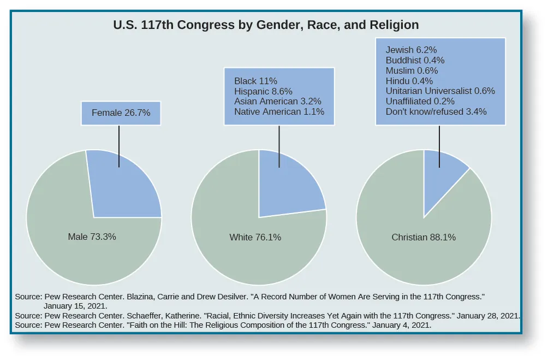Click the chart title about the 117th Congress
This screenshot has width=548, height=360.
pyautogui.click(x=266, y=25)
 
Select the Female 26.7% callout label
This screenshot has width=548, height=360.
pyautogui.click(x=121, y=113)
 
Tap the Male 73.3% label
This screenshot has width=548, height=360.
pyautogui.click(x=92, y=237)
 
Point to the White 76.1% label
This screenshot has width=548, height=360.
pyautogui.click(x=255, y=237)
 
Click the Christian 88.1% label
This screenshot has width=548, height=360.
pyautogui.click(x=424, y=237)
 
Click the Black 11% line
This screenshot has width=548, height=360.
pyautogui.click(x=256, y=81)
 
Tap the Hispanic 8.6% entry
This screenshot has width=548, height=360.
pyautogui.click(x=263, y=91)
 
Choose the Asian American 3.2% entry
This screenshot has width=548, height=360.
pyautogui.click(x=277, y=101)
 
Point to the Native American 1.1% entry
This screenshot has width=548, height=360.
pyautogui.click(x=279, y=111)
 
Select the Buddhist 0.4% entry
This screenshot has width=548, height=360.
pyautogui.click(x=415, y=60)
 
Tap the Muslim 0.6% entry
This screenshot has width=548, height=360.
pyautogui.click(x=412, y=70)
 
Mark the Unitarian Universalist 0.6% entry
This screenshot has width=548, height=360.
pyautogui.click(x=440, y=91)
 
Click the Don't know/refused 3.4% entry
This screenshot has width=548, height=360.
pyautogui.click(x=436, y=111)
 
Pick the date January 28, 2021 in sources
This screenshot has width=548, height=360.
pyautogui.click(x=487, y=316)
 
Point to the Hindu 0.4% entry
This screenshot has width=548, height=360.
pyautogui.click(x=409, y=81)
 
